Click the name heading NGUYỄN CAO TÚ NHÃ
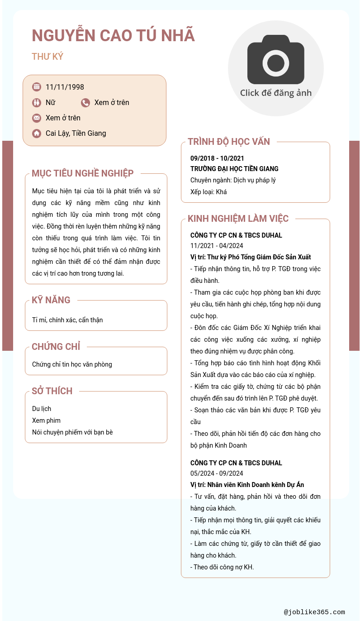113,35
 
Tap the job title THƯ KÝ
47,57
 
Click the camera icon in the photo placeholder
275,59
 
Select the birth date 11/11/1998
65,87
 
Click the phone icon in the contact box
85,103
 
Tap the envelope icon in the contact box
37,118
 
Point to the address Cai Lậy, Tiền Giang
76,133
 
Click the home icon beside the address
37,134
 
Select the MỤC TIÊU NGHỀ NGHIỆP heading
82,173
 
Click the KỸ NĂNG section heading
51,300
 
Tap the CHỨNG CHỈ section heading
56,347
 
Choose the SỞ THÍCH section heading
52,391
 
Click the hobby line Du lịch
42,409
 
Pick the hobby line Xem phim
46,420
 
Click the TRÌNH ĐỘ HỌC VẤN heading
228,142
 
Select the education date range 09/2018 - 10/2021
217,158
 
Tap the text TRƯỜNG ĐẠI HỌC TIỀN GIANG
234,169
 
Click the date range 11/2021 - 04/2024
217,246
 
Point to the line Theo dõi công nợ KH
222,567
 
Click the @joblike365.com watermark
314,612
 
